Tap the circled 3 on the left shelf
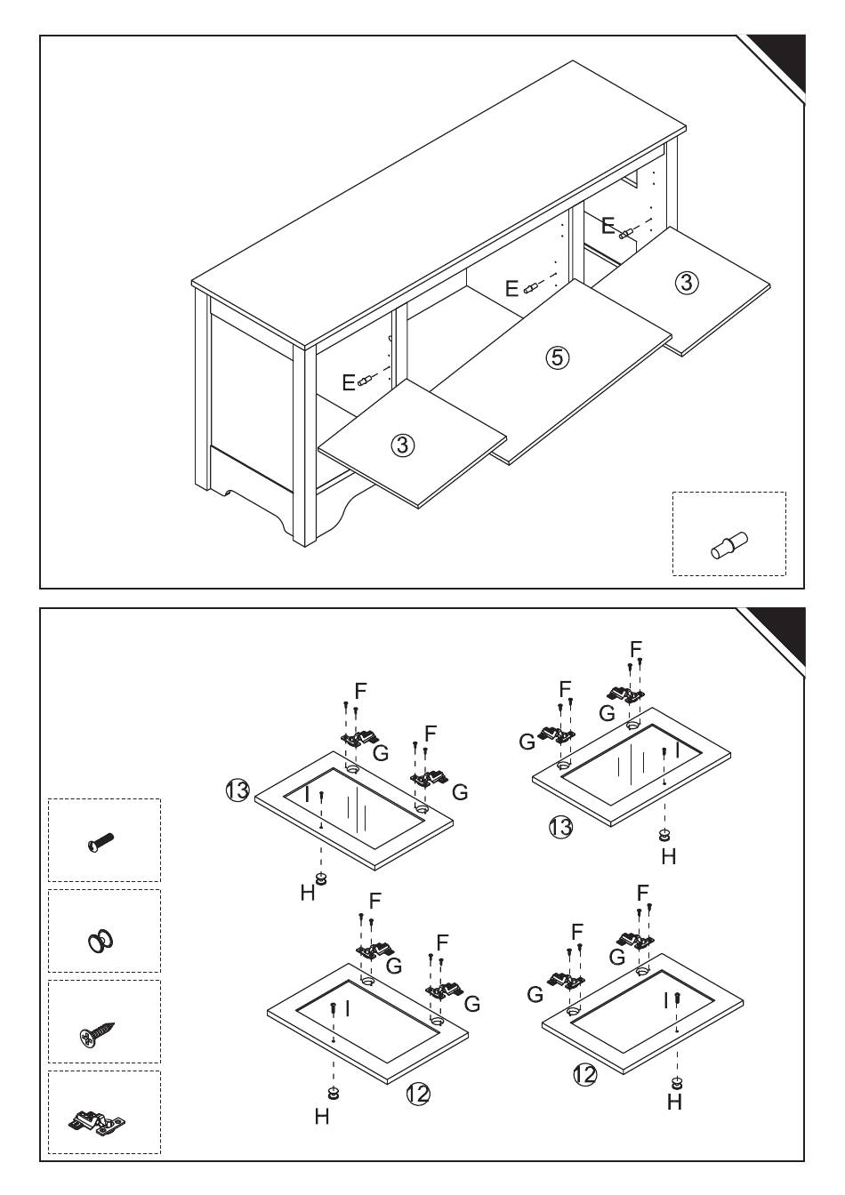pos(403,445)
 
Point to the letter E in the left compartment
pos(349,382)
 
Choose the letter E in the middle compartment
pos(511,288)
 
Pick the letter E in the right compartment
pos(608,226)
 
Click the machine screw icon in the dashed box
pos(102,840)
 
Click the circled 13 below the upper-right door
pos(560,828)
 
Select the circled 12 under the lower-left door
pos(417,1094)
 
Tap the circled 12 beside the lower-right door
pos(584,1075)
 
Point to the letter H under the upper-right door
pos(669,856)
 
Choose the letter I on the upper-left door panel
pos(308,795)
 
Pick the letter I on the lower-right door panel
pos(666,1000)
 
